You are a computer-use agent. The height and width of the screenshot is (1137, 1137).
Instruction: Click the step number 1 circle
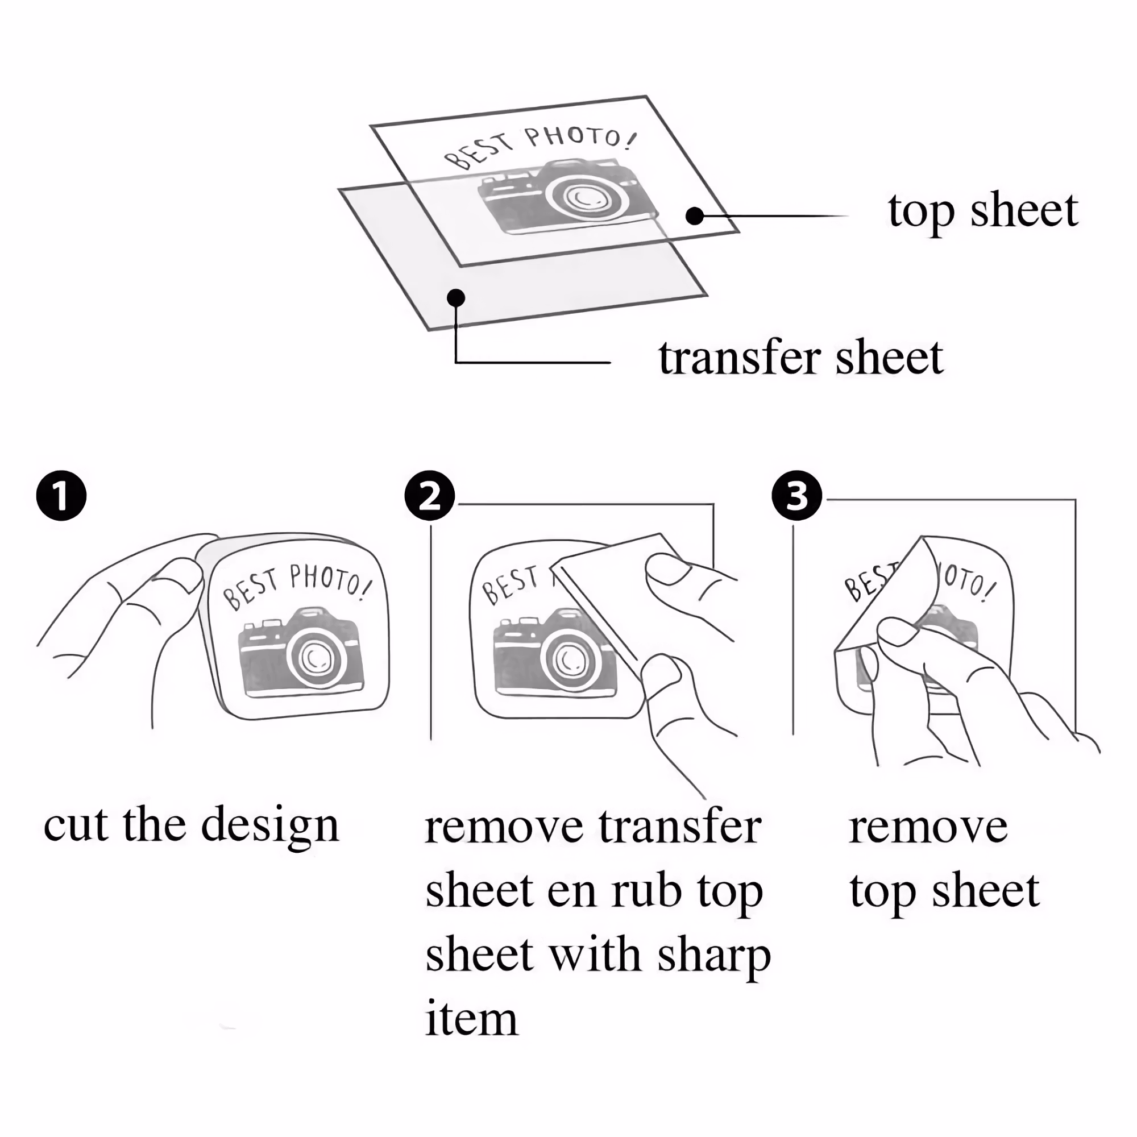click(x=61, y=496)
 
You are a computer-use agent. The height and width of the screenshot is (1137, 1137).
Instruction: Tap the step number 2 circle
click(x=430, y=496)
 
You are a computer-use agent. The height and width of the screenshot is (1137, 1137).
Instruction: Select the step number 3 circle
click(x=797, y=496)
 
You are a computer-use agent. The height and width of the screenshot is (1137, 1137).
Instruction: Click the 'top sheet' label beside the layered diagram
click(x=983, y=211)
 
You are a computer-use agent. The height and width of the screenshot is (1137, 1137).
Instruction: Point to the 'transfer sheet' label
click(x=801, y=357)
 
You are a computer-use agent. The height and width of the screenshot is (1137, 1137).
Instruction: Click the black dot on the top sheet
click(x=695, y=216)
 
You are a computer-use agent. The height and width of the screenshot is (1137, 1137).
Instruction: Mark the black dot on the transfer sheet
click(x=456, y=298)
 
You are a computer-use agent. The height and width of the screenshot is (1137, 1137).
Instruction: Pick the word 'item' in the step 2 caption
click(x=471, y=1019)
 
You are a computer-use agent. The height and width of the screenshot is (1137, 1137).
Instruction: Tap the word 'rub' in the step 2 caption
click(x=647, y=891)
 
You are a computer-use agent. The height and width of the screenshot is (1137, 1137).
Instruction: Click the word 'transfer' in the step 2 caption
click(x=681, y=827)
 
